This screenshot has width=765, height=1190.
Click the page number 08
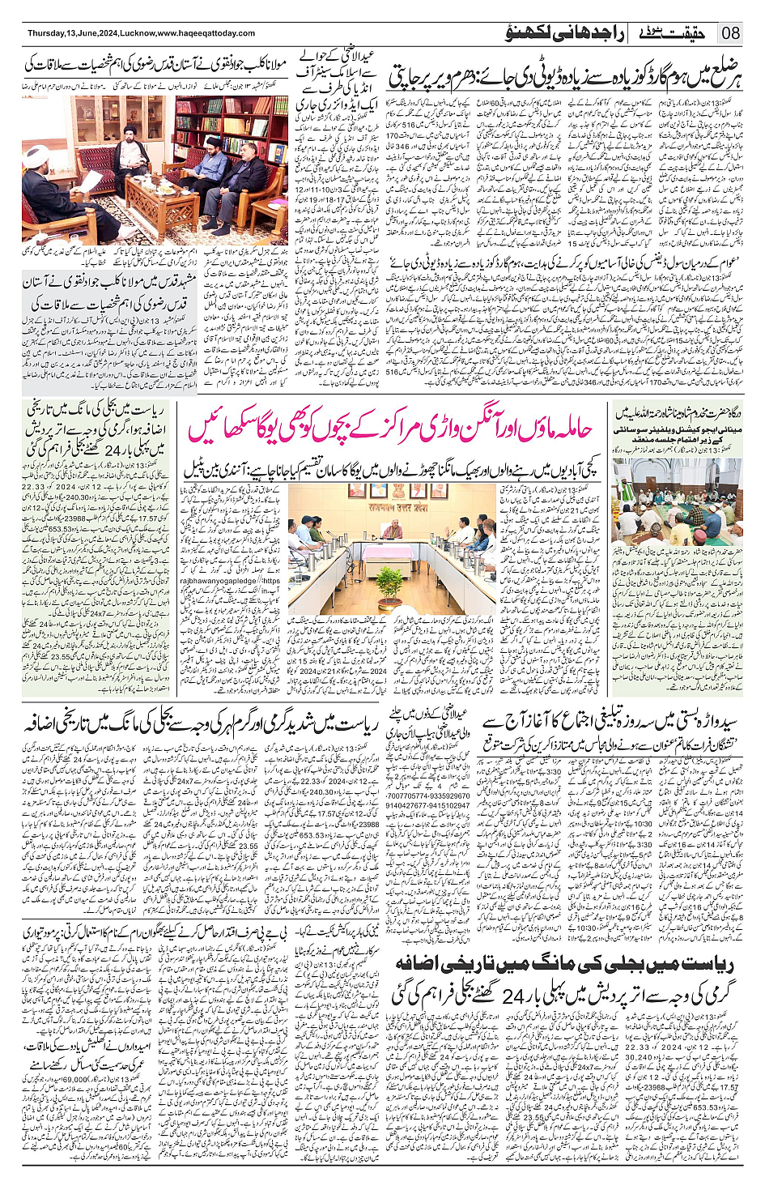[x=730, y=33]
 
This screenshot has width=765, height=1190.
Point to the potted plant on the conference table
[x=389, y=582]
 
